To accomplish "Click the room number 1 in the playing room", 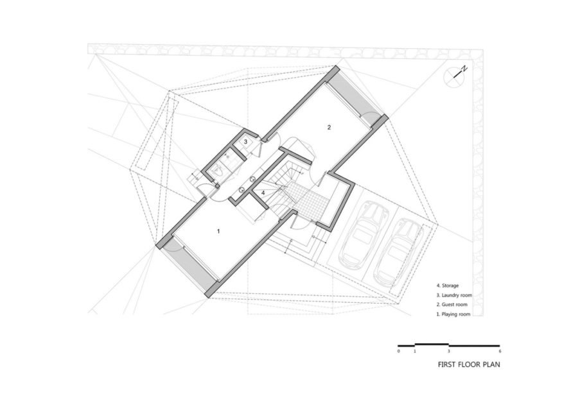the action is [218, 231].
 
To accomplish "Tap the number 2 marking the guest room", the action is [329, 127].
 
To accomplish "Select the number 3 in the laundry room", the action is [245, 141].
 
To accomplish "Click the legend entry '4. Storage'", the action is [448, 286].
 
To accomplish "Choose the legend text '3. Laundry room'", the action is [454, 295].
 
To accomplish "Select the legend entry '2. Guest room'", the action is [452, 304].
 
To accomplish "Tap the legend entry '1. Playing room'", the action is [453, 314].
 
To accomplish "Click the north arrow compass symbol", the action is [453, 76].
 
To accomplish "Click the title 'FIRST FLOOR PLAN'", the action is [469, 364].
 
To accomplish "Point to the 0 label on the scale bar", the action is [399, 352].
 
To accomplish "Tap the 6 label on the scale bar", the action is [500, 352].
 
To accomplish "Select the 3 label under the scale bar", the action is [448, 352].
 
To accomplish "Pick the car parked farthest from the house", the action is [398, 252].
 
